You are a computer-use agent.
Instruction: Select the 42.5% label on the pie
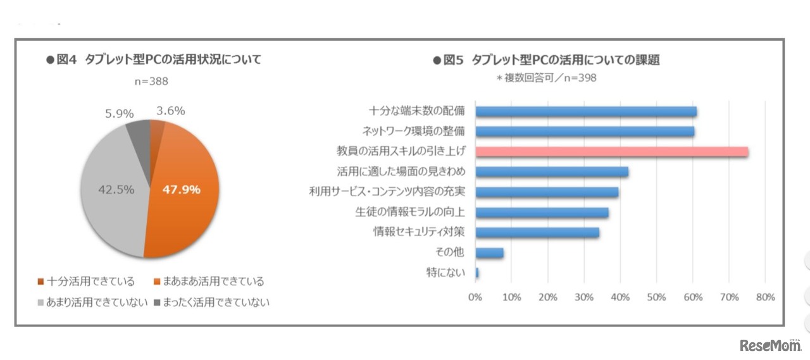(115, 190)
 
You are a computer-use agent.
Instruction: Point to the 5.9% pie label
(119, 114)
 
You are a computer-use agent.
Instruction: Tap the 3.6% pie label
(170, 111)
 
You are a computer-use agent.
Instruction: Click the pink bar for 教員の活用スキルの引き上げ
(611, 152)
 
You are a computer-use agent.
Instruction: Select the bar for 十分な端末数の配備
(586, 111)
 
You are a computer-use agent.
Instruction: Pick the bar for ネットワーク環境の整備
(585, 132)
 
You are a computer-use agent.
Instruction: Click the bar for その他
(489, 253)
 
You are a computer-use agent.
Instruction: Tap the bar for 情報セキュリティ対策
(537, 233)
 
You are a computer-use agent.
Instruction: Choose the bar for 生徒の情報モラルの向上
(542, 213)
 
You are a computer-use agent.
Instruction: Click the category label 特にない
(445, 273)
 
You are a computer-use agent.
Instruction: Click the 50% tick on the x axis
(656, 297)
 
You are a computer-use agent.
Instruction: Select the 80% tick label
(764, 297)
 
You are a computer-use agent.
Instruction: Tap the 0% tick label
(475, 297)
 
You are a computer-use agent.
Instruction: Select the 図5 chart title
(546, 60)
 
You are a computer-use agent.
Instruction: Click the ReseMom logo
(769, 345)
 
